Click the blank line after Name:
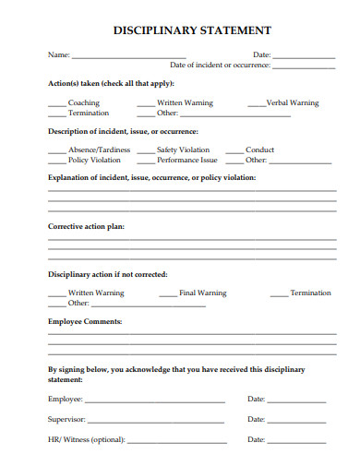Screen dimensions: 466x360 coord(128,56)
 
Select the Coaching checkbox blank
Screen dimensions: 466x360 coord(56,104)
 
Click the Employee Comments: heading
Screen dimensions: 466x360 coord(85,322)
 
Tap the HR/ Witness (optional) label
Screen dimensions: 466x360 coord(86,440)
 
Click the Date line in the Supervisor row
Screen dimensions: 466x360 coord(296,421)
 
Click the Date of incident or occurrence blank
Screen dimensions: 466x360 coord(304,66)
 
